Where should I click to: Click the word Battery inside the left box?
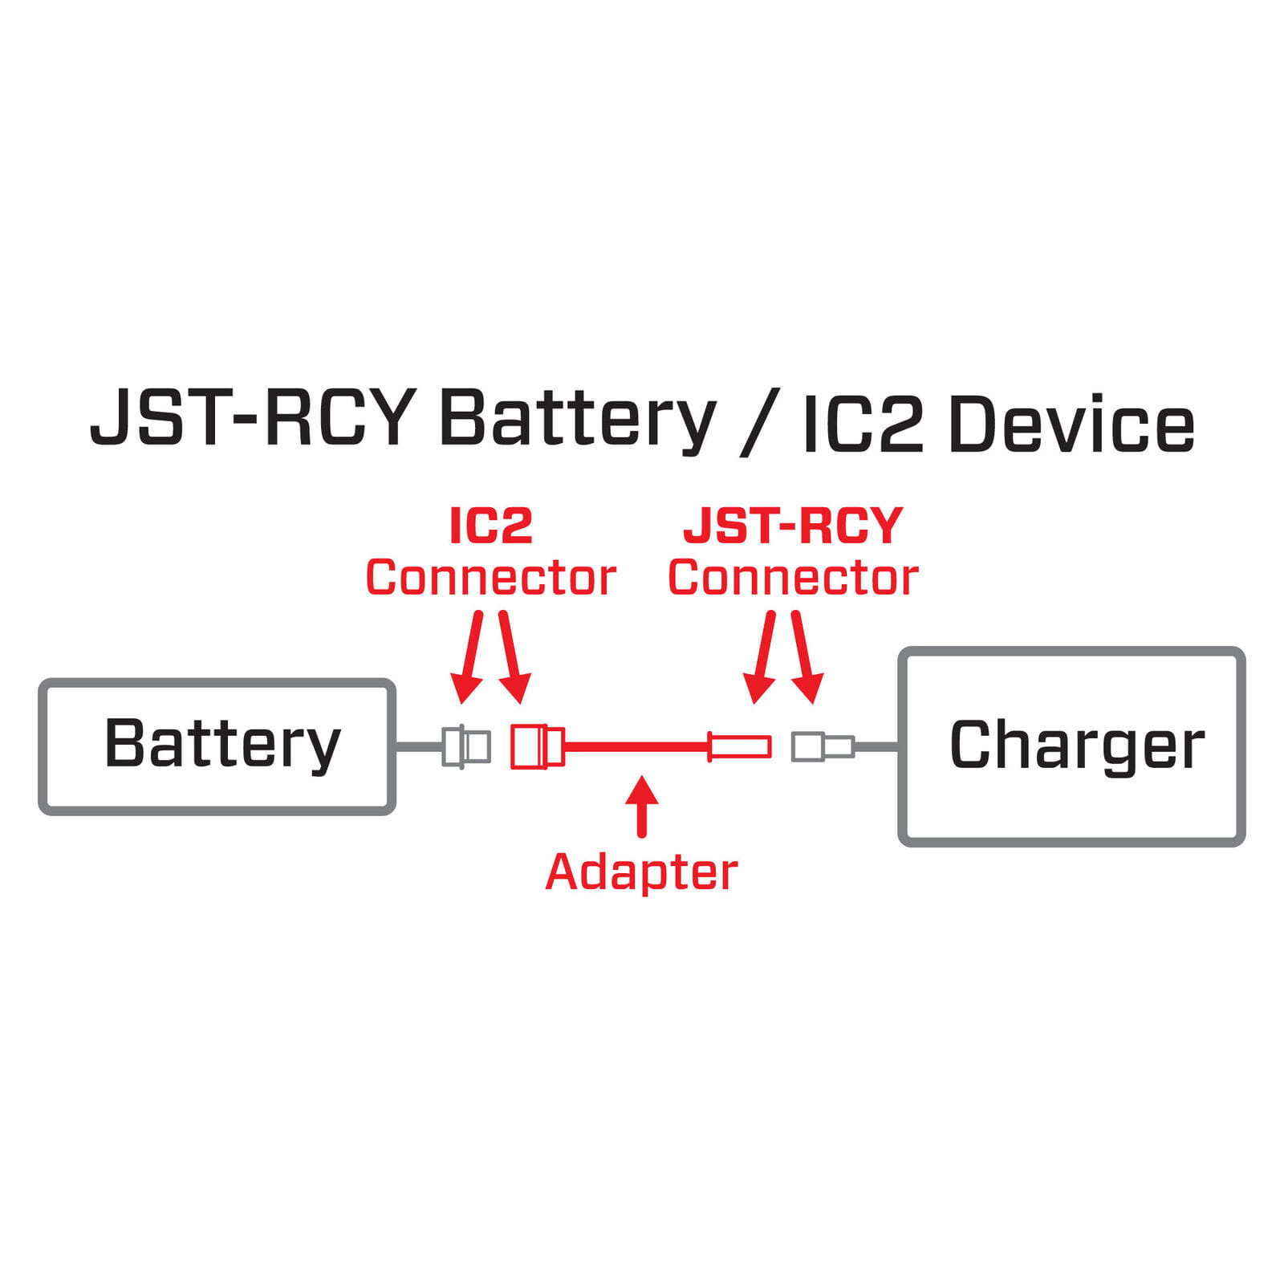pyautogui.click(x=222, y=744)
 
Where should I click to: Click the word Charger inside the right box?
pyautogui.click(x=1076, y=746)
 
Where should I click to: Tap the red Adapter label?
pyautogui.click(x=641, y=872)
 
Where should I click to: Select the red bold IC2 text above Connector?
pyautogui.click(x=491, y=526)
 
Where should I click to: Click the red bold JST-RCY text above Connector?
pyautogui.click(x=793, y=526)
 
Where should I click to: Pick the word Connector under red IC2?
pyautogui.click(x=490, y=578)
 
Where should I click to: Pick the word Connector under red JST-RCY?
pyautogui.click(x=793, y=578)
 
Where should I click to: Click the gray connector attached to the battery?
pyautogui.click(x=466, y=746)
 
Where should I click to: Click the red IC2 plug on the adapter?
pyautogui.click(x=537, y=746)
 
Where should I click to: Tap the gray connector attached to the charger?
pyautogui.click(x=823, y=746)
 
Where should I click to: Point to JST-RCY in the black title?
pyautogui.click(x=252, y=419)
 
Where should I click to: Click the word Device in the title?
pyautogui.click(x=1071, y=423)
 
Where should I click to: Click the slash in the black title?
pyautogui.click(x=758, y=423)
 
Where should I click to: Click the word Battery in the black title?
pyautogui.click(x=576, y=421)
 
